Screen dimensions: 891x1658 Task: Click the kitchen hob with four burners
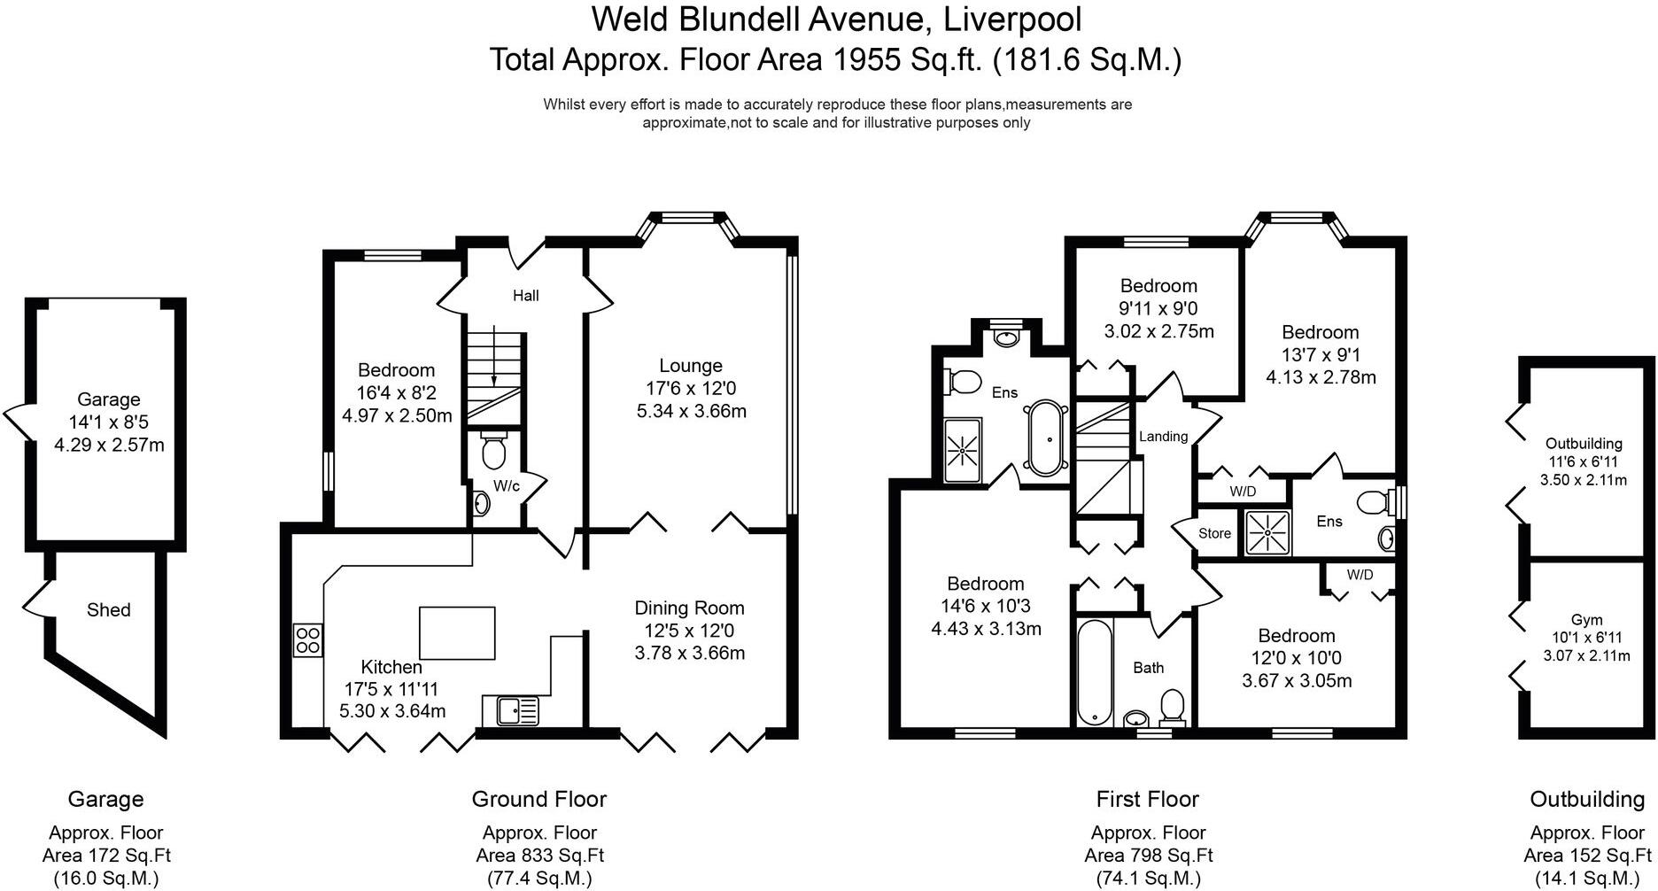pos(308,640)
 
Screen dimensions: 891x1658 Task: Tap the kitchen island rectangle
pos(457,632)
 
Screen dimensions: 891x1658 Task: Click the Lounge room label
pos(690,366)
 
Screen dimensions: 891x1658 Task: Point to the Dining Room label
pos(689,608)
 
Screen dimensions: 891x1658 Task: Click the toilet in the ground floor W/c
pos(493,452)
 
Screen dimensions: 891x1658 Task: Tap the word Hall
pos(525,296)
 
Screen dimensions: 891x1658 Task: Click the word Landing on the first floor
pos(1163,437)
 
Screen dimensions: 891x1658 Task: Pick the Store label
pos(1214,533)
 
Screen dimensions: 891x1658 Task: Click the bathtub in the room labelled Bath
pos(1095,671)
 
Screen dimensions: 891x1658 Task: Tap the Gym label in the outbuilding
pos(1586,620)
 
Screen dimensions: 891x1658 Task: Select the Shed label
pos(108,610)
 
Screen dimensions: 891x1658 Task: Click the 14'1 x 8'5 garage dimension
pos(108,422)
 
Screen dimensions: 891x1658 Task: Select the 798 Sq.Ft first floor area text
pos(1149,856)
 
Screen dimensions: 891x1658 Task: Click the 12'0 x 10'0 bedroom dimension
pos(1296,659)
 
